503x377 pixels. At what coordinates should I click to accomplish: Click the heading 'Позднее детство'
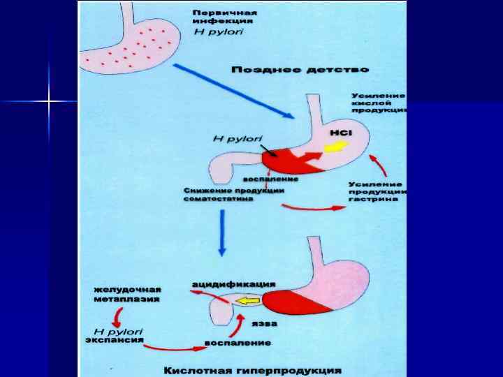(300, 70)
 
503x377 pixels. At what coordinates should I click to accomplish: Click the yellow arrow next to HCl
(337, 146)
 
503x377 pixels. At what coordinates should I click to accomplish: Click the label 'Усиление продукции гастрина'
(377, 191)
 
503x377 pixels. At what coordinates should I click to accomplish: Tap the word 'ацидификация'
(234, 284)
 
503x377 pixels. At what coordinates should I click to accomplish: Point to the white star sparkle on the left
(50, 103)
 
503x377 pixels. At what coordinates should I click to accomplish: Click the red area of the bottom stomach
(294, 301)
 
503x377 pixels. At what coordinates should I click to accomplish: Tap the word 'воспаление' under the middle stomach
(275, 179)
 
